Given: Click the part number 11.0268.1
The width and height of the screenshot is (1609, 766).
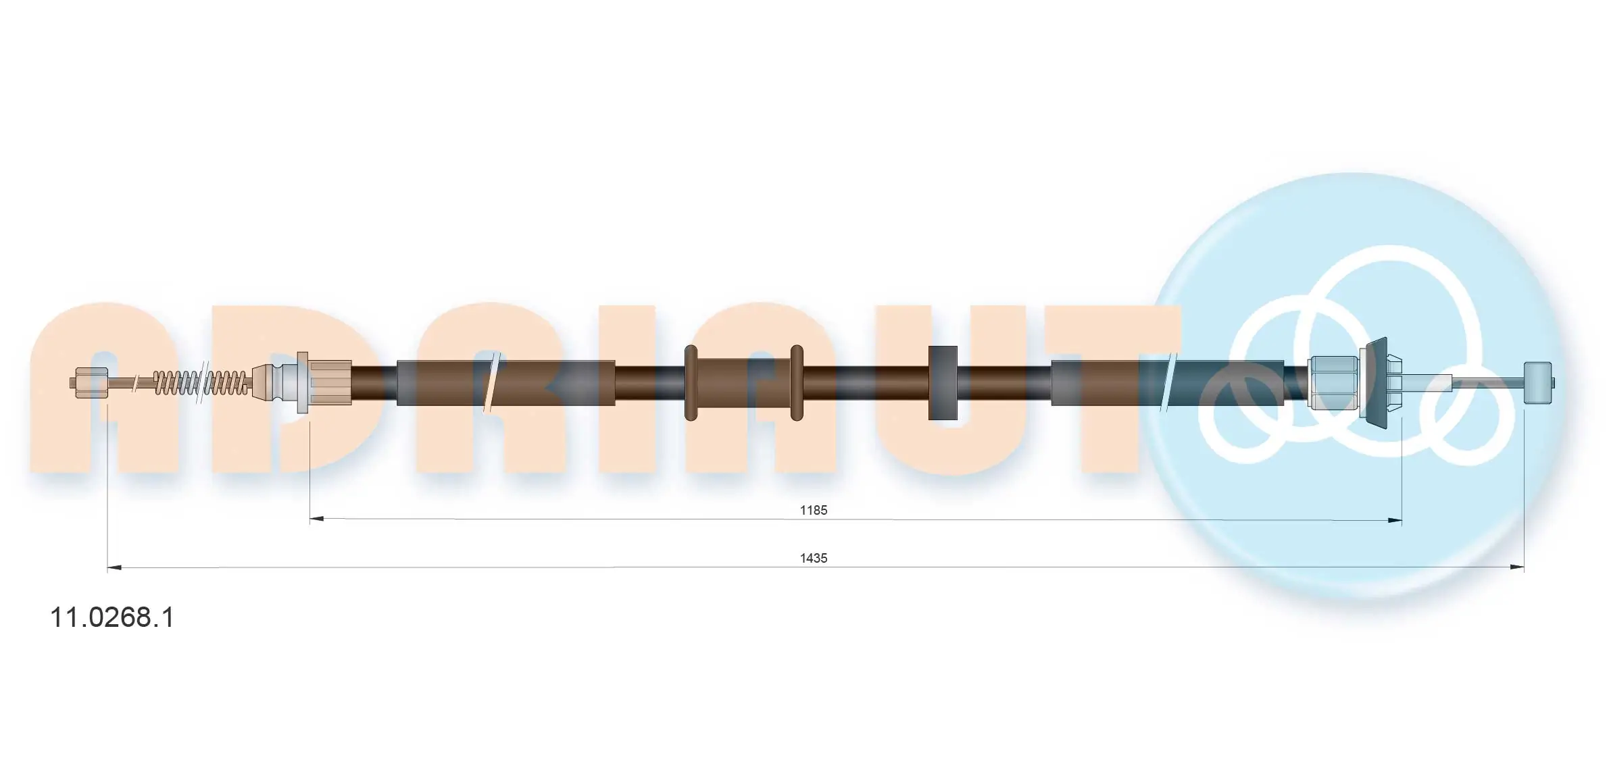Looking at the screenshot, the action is (x=112, y=617).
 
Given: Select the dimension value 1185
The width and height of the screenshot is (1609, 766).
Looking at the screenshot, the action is (x=814, y=510).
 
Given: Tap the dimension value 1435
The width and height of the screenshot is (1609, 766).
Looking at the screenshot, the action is (x=814, y=558).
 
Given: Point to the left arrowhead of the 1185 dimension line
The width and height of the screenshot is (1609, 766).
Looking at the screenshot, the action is (x=317, y=519).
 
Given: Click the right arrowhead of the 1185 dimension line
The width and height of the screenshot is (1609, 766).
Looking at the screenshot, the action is (x=1394, y=520).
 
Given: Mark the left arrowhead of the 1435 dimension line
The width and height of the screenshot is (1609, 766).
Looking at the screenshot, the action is (x=115, y=568).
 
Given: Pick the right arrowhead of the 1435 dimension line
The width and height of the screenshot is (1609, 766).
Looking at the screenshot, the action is (x=1516, y=568).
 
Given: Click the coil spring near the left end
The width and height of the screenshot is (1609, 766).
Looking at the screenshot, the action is (x=201, y=383).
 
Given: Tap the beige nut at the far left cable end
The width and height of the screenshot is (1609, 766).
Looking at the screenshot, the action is (x=91, y=383).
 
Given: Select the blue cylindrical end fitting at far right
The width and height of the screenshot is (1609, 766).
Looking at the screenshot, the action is (x=1537, y=383).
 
